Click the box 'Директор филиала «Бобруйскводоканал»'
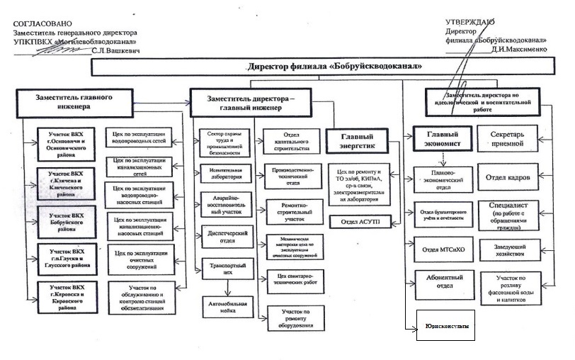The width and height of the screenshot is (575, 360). [335, 66]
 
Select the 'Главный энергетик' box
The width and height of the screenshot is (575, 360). [360, 142]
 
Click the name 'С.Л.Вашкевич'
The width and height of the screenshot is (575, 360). [119, 52]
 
